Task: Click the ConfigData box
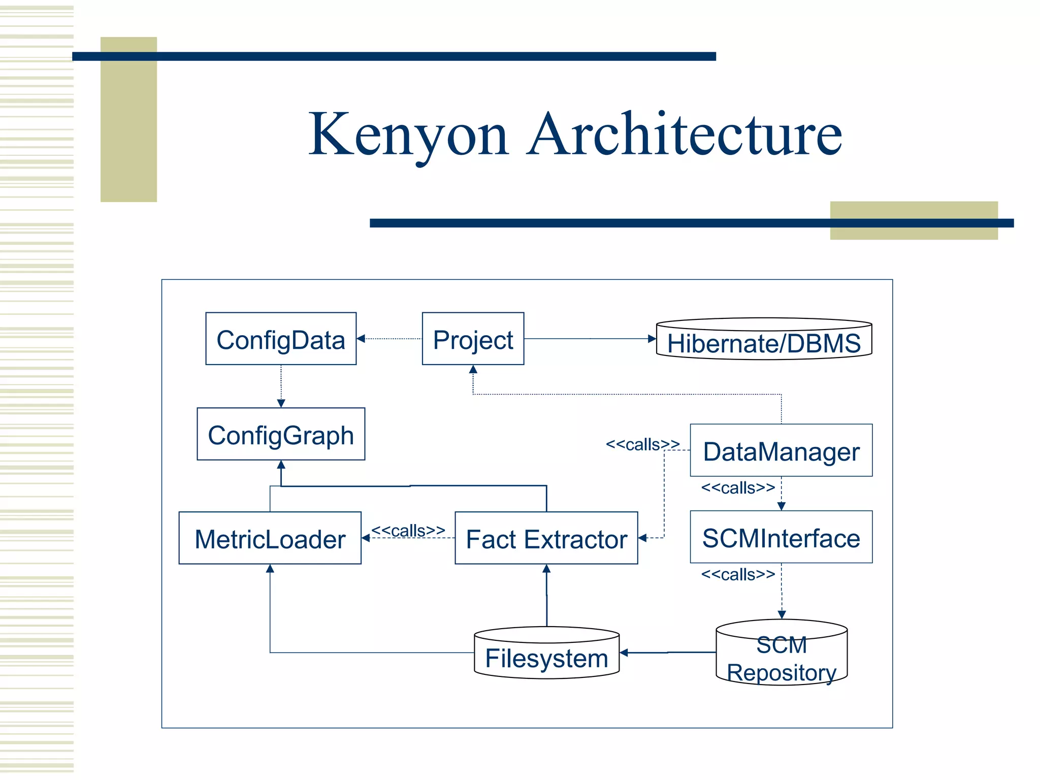click(281, 339)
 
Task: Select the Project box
click(473, 339)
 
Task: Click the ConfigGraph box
click(281, 434)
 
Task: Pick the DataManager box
click(781, 450)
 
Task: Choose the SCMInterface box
click(781, 537)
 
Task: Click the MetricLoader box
click(270, 538)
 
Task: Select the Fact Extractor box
click(546, 538)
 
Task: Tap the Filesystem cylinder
click(546, 655)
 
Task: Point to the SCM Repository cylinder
click(782, 655)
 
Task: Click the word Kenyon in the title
click(408, 135)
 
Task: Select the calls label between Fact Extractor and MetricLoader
click(408, 530)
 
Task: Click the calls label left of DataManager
click(642, 444)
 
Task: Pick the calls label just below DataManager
click(738, 487)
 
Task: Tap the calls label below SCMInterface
click(738, 574)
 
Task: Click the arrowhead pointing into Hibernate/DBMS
click(652, 339)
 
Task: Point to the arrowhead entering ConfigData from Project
click(361, 339)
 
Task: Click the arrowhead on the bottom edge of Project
click(473, 369)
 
